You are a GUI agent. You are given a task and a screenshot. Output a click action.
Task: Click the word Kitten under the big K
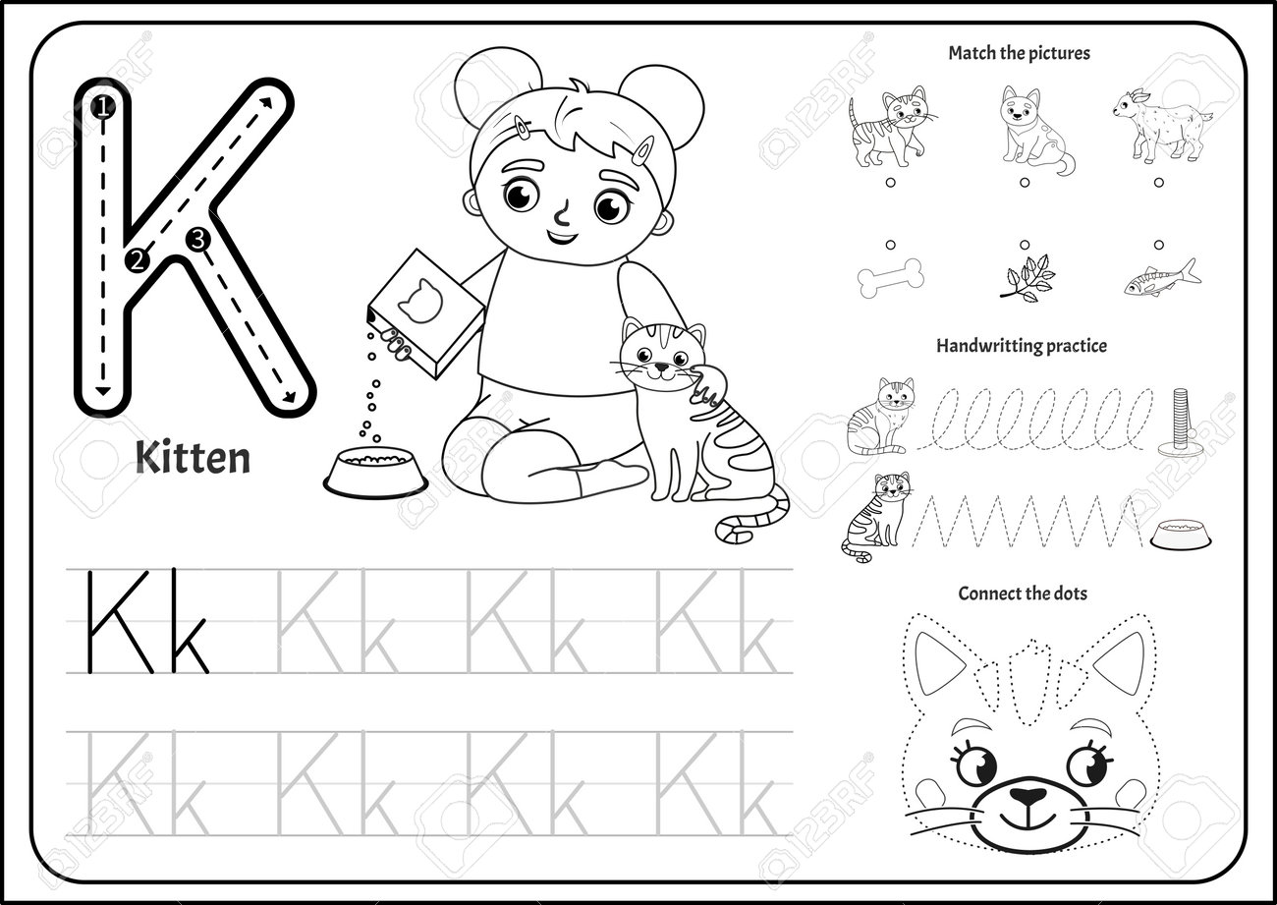click(x=193, y=459)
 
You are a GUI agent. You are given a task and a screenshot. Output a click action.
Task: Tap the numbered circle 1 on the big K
click(x=102, y=107)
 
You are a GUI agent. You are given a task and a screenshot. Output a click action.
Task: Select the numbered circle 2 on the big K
click(x=137, y=260)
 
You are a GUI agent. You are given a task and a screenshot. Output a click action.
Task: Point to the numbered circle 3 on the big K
click(x=197, y=240)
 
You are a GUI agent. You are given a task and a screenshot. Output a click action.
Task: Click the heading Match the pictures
click(x=1019, y=53)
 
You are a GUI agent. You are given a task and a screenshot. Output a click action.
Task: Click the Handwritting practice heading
click(x=1022, y=346)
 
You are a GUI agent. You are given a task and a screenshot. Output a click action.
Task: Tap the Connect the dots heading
click(x=1023, y=594)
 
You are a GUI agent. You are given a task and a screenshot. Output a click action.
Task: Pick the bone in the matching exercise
click(x=891, y=278)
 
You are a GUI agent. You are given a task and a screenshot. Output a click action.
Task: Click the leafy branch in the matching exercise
click(x=1027, y=279)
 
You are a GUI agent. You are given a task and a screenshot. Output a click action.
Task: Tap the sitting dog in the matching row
click(x=1034, y=130)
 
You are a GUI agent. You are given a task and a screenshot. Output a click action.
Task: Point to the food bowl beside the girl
click(x=375, y=470)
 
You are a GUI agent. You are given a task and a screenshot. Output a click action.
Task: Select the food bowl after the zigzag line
click(x=1181, y=534)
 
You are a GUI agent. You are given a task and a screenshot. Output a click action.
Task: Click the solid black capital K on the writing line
click(x=120, y=622)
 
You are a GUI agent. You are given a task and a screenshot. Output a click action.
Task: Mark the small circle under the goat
click(x=1158, y=183)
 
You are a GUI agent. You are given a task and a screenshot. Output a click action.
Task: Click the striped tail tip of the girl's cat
click(x=725, y=534)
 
